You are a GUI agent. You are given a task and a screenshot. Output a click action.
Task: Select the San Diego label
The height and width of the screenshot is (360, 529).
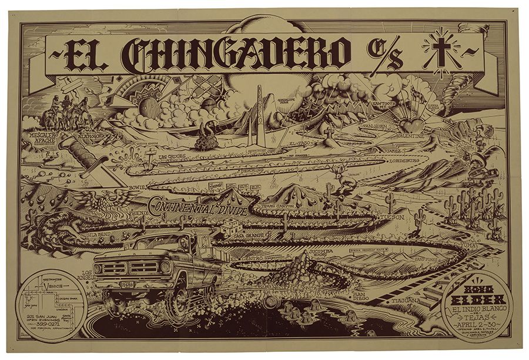tap(360, 295)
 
